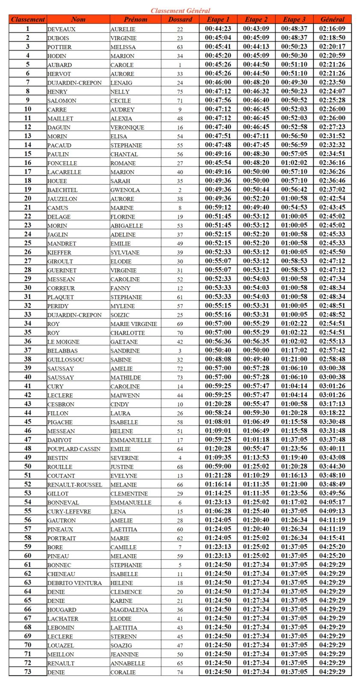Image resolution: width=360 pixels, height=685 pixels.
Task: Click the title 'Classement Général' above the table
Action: [180, 10]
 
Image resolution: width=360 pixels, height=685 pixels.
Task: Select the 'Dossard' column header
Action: [180, 19]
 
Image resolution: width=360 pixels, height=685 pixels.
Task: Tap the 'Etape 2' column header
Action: [256, 19]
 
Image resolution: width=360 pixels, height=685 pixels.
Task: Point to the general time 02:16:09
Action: [332, 29]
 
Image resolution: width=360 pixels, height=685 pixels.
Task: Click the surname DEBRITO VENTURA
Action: [74, 583]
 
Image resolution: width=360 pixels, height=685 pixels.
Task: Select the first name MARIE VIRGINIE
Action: [134, 324]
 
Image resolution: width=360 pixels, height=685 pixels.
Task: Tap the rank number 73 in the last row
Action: [28, 672]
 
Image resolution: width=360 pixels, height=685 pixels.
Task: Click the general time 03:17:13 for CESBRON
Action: [332, 404]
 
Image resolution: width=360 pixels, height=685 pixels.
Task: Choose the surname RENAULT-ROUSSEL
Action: [74, 485]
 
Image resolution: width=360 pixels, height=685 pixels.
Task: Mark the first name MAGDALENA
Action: [129, 610]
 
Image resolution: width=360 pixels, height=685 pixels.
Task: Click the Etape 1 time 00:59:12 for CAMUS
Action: [218, 207]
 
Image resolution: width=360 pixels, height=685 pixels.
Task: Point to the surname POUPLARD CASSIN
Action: [74, 449]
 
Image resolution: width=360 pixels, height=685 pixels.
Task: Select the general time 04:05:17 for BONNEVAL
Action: [332, 502]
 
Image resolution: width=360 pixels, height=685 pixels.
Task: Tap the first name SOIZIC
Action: [120, 315]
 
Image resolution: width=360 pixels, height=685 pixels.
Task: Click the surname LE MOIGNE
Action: [63, 342]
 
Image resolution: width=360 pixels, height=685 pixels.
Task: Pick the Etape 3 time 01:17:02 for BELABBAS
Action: [294, 350]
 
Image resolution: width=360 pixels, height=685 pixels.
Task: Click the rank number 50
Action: [28, 466]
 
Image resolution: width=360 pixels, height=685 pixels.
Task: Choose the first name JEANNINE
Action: [125, 654]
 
